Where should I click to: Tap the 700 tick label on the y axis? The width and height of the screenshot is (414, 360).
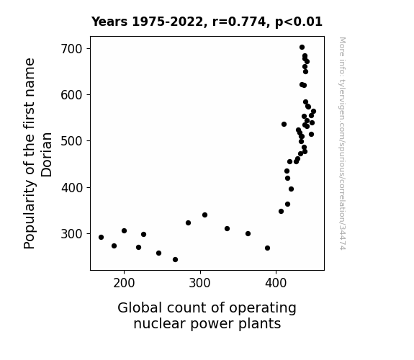pos(72,49)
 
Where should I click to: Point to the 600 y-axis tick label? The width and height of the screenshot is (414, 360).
pos(72,95)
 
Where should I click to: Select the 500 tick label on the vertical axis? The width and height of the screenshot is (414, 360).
pos(72,141)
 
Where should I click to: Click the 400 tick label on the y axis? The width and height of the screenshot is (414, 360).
pos(72,187)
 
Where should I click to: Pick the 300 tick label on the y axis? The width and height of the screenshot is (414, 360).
pos(72,234)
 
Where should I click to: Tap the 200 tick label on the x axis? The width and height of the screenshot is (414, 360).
pos(124,283)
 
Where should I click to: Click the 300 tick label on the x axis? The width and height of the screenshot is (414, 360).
pos(200,283)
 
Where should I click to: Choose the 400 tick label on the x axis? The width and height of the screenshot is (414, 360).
pos(276,283)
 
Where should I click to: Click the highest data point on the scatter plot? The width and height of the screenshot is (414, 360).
pos(302,48)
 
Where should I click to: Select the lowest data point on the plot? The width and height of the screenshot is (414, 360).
pos(175,260)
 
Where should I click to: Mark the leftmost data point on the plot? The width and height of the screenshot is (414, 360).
pos(101,237)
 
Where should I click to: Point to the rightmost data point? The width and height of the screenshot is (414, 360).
pos(313,112)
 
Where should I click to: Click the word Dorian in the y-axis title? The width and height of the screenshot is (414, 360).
pos(47,155)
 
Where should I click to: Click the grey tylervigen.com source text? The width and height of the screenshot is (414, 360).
pos(342,143)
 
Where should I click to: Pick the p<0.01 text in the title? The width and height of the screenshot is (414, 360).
pos(299,22)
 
